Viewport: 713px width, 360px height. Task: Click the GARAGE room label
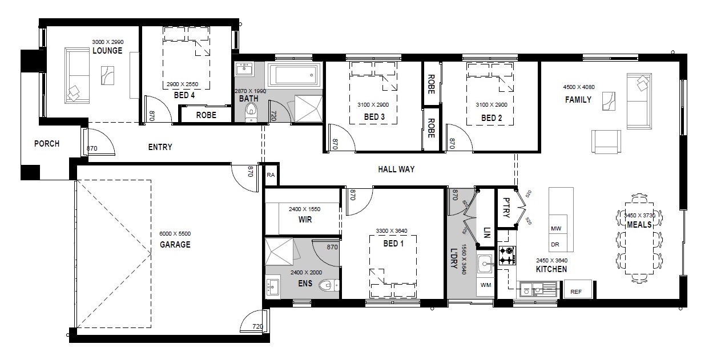(x=175, y=245)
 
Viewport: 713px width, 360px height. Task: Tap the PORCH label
(x=47, y=144)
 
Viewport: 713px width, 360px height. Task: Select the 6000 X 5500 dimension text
(x=175, y=234)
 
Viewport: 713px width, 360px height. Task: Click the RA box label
(x=271, y=175)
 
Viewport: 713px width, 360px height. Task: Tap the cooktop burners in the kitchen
(x=507, y=256)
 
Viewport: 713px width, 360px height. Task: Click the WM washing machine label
(x=486, y=285)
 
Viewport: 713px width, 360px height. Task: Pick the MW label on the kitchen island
(x=556, y=228)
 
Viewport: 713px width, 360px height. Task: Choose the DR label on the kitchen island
(x=555, y=245)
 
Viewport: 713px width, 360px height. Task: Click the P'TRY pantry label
(x=506, y=208)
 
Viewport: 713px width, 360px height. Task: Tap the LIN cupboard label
(x=487, y=232)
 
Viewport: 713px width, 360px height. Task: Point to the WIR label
(x=305, y=220)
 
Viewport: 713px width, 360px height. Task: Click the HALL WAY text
(x=396, y=169)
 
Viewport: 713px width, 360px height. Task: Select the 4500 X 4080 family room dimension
(x=579, y=87)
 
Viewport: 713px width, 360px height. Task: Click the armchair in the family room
(x=606, y=142)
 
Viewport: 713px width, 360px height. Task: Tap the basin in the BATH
(x=244, y=69)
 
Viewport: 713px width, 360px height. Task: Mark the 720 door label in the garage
(x=258, y=326)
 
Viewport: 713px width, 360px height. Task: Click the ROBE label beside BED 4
(x=206, y=115)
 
